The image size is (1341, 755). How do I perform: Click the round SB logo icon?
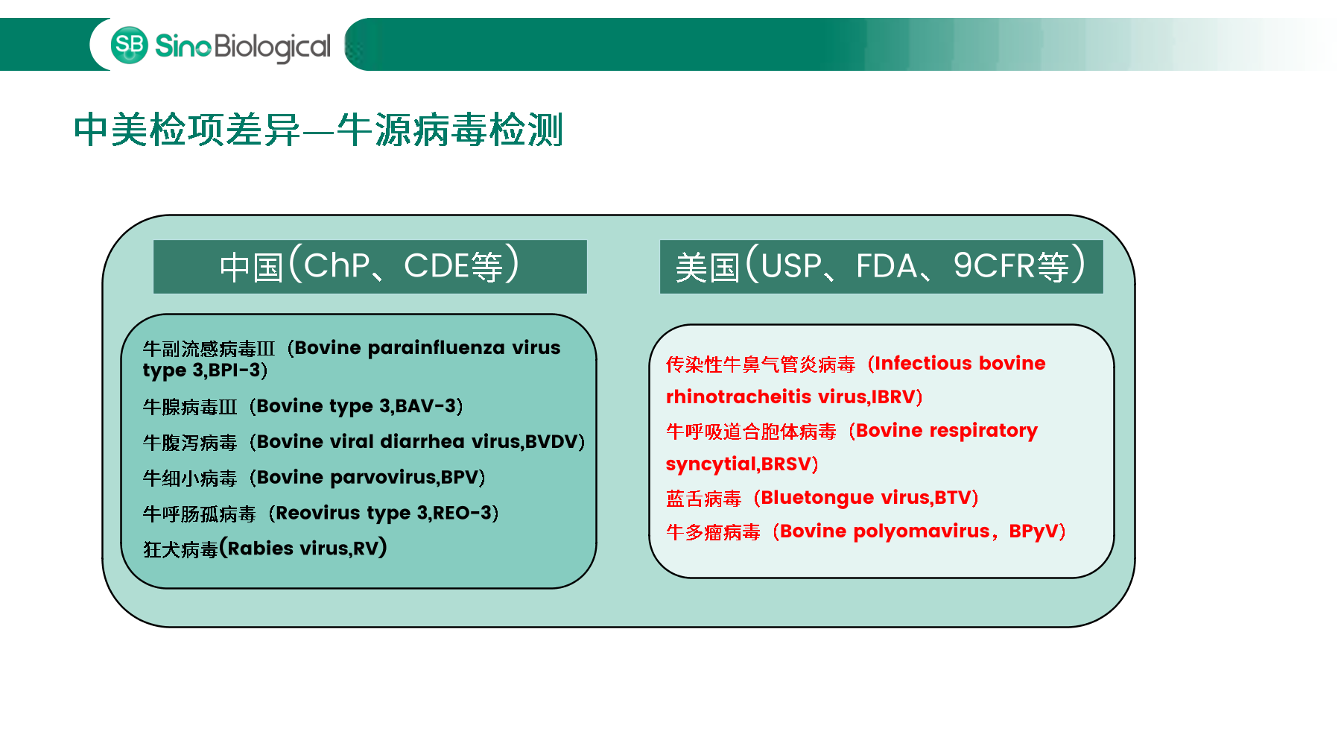tap(130, 45)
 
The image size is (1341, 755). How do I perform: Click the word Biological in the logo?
tap(273, 48)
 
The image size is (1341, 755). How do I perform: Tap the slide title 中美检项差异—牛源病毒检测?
tap(318, 130)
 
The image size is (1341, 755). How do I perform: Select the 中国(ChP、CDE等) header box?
tap(370, 266)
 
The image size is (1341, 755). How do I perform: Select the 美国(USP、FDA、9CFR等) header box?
tap(881, 266)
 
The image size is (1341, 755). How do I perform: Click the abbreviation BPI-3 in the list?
tap(234, 370)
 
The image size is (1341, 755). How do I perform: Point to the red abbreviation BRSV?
tap(785, 464)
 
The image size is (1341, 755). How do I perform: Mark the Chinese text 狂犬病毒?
tap(180, 549)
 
